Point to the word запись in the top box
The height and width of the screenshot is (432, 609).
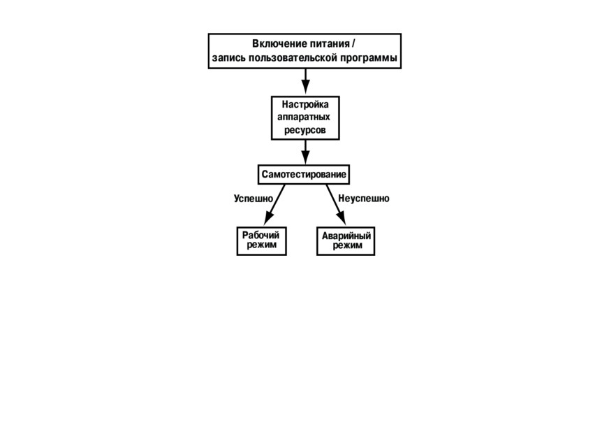pyautogui.click(x=229, y=58)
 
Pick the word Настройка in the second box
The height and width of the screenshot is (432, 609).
pyautogui.click(x=305, y=104)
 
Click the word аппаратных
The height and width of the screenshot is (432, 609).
pyautogui.click(x=304, y=117)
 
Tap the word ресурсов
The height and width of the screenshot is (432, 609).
pyautogui.click(x=305, y=130)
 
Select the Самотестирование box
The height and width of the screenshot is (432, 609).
pyautogui.click(x=304, y=174)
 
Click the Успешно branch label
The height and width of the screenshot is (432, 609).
pyautogui.click(x=254, y=199)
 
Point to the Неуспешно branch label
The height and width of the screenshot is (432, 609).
pyautogui.click(x=364, y=199)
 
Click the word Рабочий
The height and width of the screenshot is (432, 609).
pyautogui.click(x=261, y=236)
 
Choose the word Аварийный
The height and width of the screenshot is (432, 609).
pyautogui.click(x=346, y=236)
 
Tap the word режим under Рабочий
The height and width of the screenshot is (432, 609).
pyautogui.click(x=262, y=245)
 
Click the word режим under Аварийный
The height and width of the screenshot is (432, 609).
pyautogui.click(x=348, y=246)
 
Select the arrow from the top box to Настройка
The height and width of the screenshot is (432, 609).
pyautogui.click(x=306, y=81)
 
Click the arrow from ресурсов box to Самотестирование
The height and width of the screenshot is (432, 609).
pyautogui.click(x=306, y=152)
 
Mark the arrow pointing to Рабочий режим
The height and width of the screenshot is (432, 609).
pyautogui.click(x=274, y=205)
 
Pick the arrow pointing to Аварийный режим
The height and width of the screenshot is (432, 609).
pyautogui.click(x=336, y=205)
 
